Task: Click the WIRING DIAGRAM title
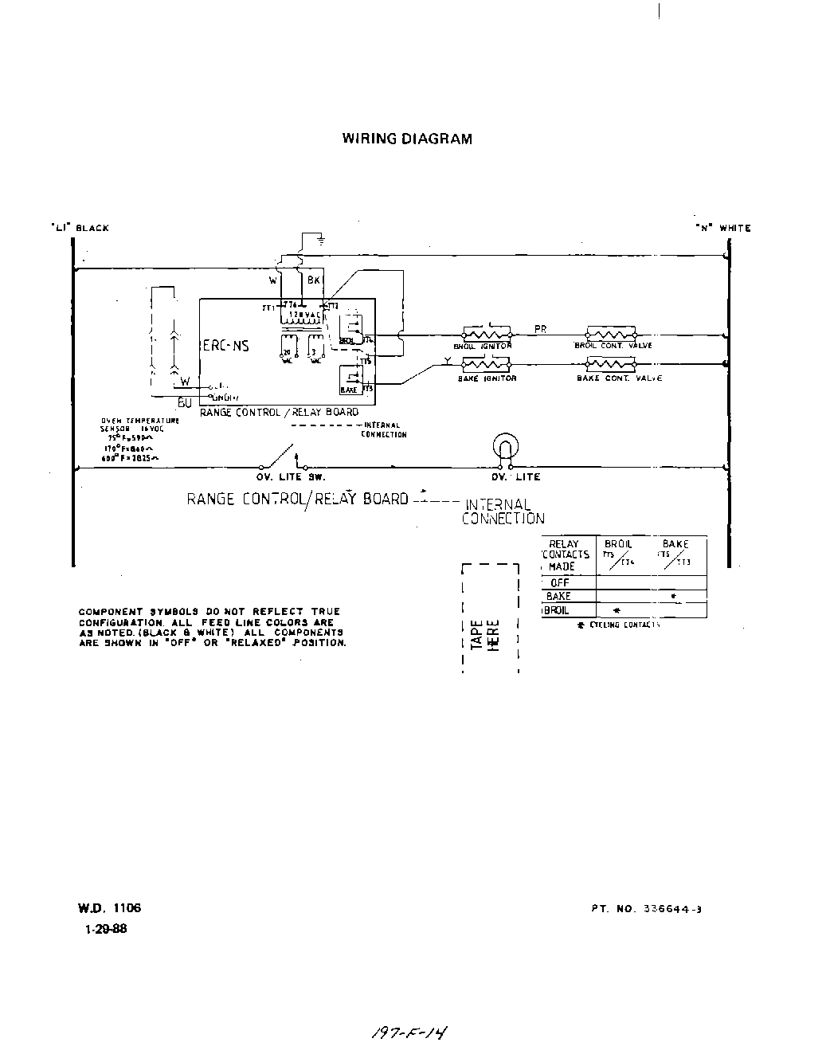pos(406,139)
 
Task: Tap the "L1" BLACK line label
pos(80,228)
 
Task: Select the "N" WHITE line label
pos(722,228)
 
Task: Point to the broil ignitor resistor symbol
pos(487,335)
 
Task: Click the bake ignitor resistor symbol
pos(487,365)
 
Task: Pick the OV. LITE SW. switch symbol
pos(279,459)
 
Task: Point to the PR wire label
pos(540,328)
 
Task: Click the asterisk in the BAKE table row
pos(674,597)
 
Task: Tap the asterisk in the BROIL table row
pos(617,611)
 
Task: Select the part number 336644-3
pos(646,908)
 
